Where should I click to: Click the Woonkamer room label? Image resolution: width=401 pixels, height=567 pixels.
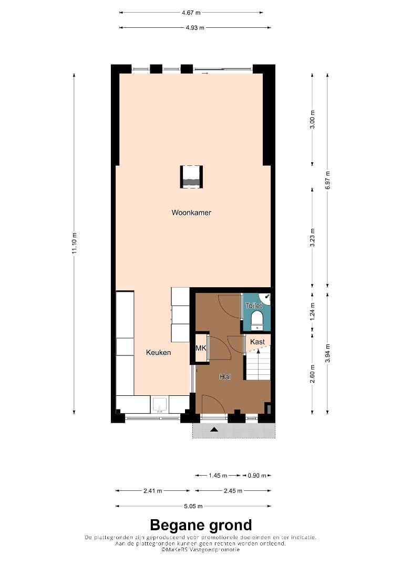coord(191,213)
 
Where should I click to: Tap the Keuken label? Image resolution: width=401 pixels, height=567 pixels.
coord(158,352)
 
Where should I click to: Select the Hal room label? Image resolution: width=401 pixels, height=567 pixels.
coord(225,377)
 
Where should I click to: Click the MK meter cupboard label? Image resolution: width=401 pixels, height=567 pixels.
coord(201,348)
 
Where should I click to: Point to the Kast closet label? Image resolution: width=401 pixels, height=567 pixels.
coord(258,342)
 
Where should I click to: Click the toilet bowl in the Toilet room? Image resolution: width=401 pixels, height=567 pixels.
coord(257,320)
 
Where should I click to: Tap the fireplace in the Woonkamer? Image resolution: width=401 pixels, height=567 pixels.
coord(191,177)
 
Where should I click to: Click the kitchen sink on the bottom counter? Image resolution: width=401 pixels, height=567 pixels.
coord(160,405)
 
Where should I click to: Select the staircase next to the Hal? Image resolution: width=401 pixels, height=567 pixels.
coord(259,363)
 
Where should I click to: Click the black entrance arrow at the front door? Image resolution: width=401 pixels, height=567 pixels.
coord(214,429)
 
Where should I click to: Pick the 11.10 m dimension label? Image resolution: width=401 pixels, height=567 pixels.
coord(74,243)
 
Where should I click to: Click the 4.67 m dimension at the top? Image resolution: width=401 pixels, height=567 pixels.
coord(191,13)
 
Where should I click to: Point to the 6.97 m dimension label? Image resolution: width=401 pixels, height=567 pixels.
coord(327,180)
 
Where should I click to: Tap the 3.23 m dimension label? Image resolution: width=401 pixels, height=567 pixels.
coord(312,238)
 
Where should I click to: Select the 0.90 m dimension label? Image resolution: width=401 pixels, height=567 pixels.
coord(257,476)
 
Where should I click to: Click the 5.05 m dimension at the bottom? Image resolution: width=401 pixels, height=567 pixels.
coord(193,506)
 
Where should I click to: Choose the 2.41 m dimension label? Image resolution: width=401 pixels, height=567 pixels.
coord(153,491)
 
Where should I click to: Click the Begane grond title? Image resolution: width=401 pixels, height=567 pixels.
coord(201,525)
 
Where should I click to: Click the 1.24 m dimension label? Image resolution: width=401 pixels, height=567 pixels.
coord(312,311)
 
